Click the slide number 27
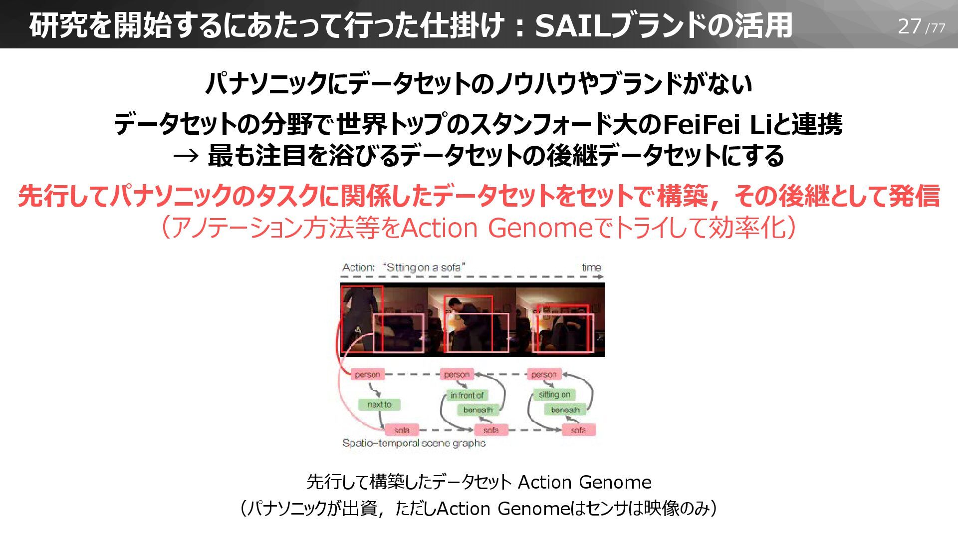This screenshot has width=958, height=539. pos(909,26)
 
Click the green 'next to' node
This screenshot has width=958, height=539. pos(379,404)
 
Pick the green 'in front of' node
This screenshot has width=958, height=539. pos(467,395)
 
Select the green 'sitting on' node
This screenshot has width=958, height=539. pos(554,395)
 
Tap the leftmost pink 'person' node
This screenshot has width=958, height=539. pos(367,374)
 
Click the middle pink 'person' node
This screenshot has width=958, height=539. pos(457,374)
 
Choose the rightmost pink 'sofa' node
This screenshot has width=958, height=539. pos(578,430)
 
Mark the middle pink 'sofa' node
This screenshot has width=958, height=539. pos(490,430)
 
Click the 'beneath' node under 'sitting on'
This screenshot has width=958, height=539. pos(565,410)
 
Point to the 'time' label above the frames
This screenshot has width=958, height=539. pos(591,268)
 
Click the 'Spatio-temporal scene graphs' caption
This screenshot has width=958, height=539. pos(414,443)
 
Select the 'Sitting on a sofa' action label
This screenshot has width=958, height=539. pos(424,268)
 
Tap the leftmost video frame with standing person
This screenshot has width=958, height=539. pos(383,319)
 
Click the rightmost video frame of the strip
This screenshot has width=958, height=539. pos(560,319)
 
